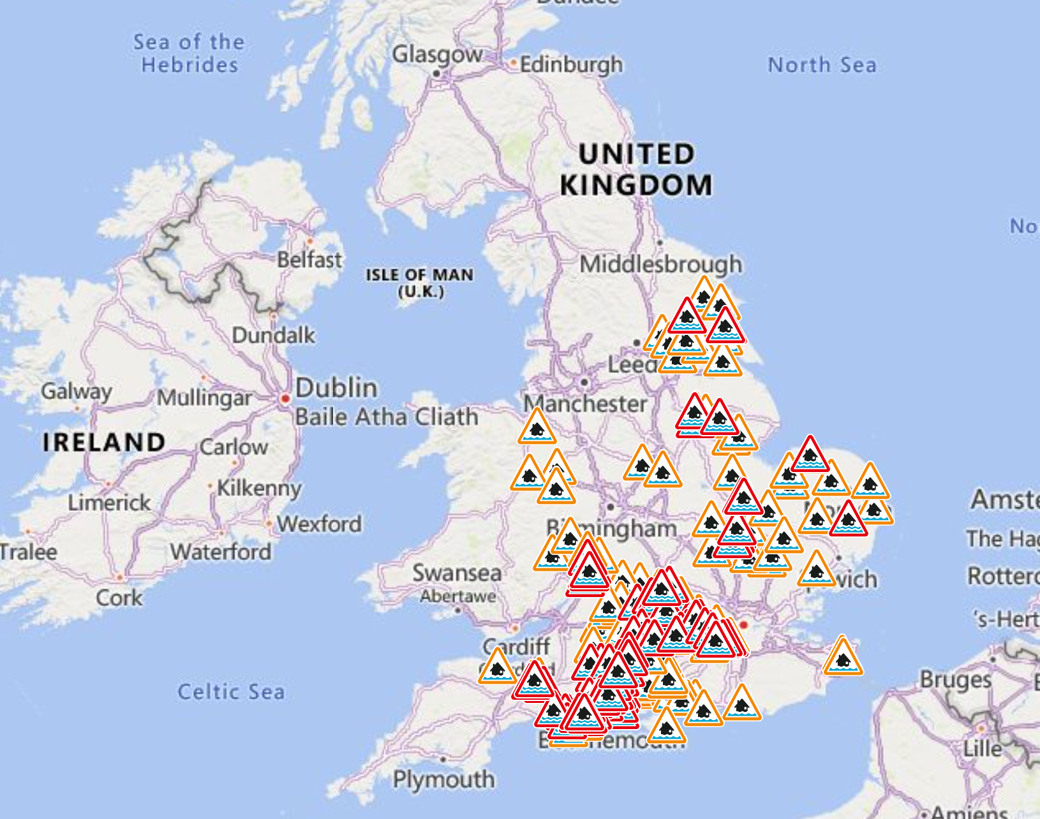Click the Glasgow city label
pos(437,55)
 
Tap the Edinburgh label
pos(571,64)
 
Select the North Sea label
pos(822,65)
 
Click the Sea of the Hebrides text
pos(189,54)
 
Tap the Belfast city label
pos(309,260)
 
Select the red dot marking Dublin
pos(285,399)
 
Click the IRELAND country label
pos(104,442)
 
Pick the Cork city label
pos(119,598)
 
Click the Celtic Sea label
pos(231,691)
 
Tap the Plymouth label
pos(443,779)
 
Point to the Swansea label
pos(457,573)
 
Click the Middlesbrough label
pos(661,263)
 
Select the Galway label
pos(76,390)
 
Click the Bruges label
pos(955,680)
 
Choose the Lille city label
pos(982,748)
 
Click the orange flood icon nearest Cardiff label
pos(498,668)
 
